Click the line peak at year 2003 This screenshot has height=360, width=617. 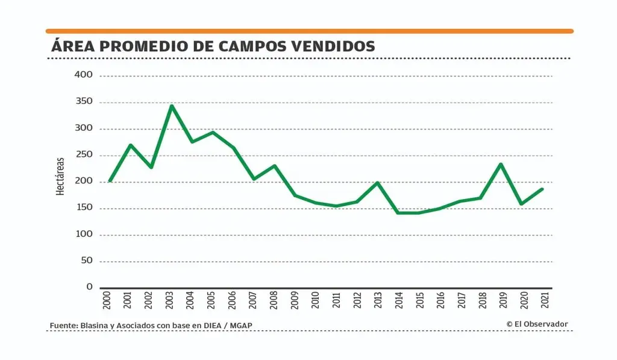click(x=172, y=106)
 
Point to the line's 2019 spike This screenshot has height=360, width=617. click(x=501, y=164)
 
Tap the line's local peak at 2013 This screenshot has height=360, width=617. click(x=378, y=182)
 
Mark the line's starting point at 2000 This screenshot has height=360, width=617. click(x=110, y=181)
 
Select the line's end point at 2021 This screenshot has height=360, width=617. click(x=542, y=189)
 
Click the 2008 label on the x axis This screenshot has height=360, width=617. click(x=274, y=300)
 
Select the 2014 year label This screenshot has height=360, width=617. click(x=399, y=300)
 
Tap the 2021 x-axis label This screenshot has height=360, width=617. click(x=544, y=300)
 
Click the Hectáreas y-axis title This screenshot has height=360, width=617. click(x=60, y=176)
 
